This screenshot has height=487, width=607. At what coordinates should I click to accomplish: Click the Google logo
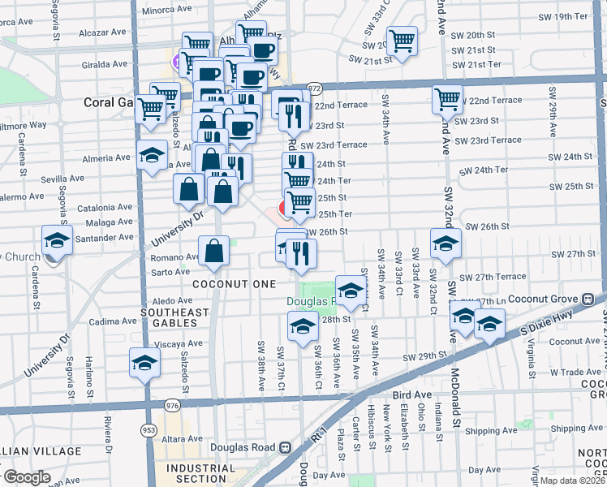tap(27, 477)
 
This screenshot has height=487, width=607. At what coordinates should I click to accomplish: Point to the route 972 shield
tap(315, 88)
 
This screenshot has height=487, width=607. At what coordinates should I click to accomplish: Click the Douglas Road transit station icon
tap(285, 447)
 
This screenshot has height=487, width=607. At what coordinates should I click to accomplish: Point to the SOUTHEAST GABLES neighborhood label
tap(175, 312)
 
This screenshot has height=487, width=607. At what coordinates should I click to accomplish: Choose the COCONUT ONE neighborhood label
tap(224, 283)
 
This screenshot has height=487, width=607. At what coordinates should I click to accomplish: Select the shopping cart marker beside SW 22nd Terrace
tap(447, 99)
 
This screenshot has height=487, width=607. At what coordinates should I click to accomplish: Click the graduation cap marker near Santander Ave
tap(56, 240)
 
